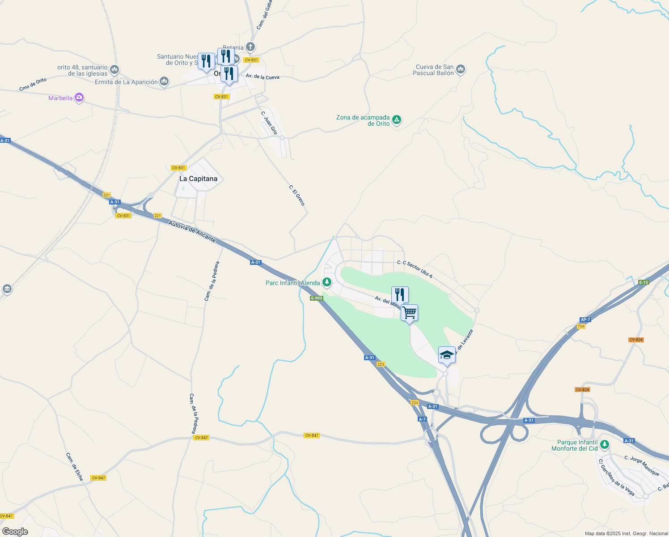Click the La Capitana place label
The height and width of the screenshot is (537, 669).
[198, 179]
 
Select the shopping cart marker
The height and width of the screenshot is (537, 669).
[409, 313]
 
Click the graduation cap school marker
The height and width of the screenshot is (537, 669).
[446, 355]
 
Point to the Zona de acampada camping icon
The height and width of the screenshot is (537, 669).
[397, 120]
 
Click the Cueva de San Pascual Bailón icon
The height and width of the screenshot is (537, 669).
[461, 69]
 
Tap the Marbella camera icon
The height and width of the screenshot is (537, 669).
[79, 98]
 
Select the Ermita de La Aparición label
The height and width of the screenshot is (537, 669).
[126, 82]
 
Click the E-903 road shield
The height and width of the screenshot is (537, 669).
[317, 298]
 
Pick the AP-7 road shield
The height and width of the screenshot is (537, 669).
[585, 320]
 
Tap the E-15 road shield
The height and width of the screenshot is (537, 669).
[644, 282]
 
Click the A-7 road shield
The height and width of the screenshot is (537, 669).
[422, 419]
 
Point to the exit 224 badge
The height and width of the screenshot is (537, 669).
[415, 403]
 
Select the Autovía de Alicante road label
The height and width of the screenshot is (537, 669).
[192, 231]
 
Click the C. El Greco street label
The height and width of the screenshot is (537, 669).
[297, 196]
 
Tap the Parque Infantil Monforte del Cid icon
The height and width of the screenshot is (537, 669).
[605, 445]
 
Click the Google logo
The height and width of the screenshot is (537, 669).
[15, 532]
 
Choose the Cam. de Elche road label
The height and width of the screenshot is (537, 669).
[74, 467]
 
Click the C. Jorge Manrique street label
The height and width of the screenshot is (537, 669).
[642, 466]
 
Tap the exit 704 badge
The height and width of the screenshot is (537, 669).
[581, 326]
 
